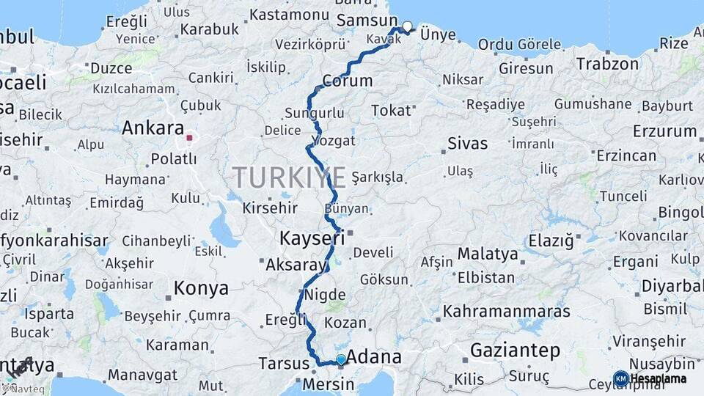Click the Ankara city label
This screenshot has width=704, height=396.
pos(153,128)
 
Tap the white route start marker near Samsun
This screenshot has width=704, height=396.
pos(408,26)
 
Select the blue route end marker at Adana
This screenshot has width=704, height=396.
pos(340,359)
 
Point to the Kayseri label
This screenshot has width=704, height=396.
pos(312,238)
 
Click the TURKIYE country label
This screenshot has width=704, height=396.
pos(289,177)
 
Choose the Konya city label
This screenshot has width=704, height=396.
pos(202,289)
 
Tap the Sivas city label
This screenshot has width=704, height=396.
pos(467,142)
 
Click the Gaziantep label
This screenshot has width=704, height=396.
pos(515,350)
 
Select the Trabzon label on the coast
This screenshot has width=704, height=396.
pos(607,64)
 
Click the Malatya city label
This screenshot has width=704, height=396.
pos(488,254)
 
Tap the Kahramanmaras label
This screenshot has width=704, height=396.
pos(507,311)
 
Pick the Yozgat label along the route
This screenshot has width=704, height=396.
pos(334,140)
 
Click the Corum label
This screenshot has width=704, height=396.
pos(347,81)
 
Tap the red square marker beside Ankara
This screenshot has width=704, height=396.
pos(189,137)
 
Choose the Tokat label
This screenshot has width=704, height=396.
pos(391,111)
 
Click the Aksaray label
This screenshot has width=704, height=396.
pos(293,264)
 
